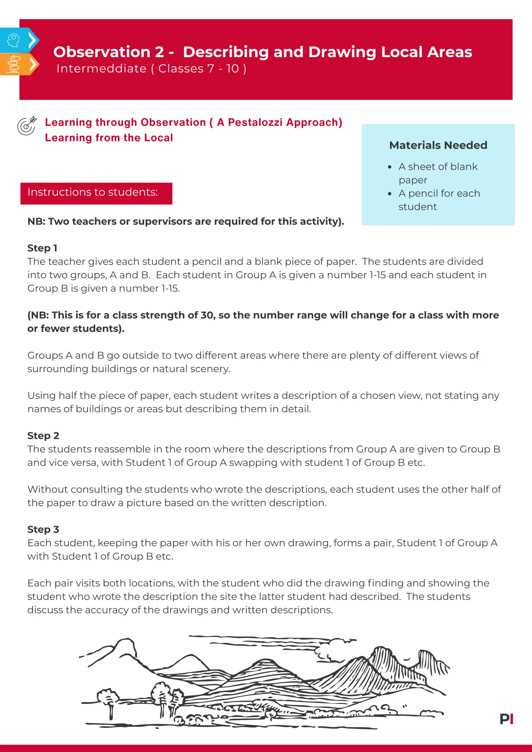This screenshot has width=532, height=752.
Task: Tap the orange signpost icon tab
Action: (x=14, y=64)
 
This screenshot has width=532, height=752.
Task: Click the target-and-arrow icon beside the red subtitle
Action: (x=27, y=126)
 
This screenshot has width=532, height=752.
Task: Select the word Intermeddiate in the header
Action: (x=101, y=69)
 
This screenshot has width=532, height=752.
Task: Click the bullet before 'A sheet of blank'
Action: (x=389, y=167)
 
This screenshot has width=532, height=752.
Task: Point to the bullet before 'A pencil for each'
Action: (x=389, y=194)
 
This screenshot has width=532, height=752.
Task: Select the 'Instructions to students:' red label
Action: (x=96, y=193)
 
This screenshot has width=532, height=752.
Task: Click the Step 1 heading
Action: (x=42, y=248)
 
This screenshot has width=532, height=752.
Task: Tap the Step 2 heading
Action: (x=43, y=436)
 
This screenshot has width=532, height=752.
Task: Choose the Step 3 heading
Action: (x=43, y=529)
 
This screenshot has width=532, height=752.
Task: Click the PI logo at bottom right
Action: (x=506, y=719)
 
